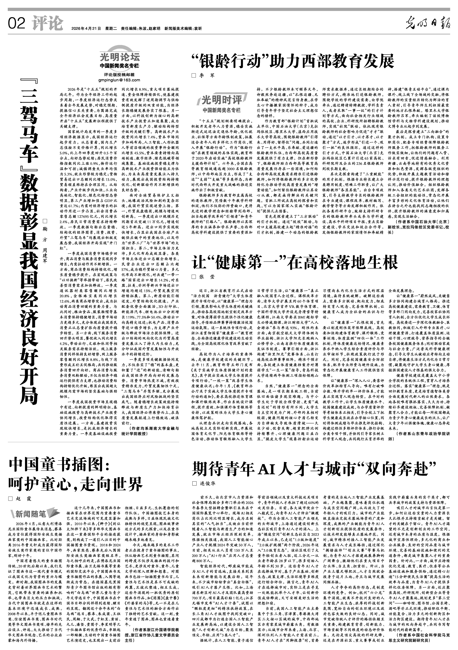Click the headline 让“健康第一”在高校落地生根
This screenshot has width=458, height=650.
coord(295,262)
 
